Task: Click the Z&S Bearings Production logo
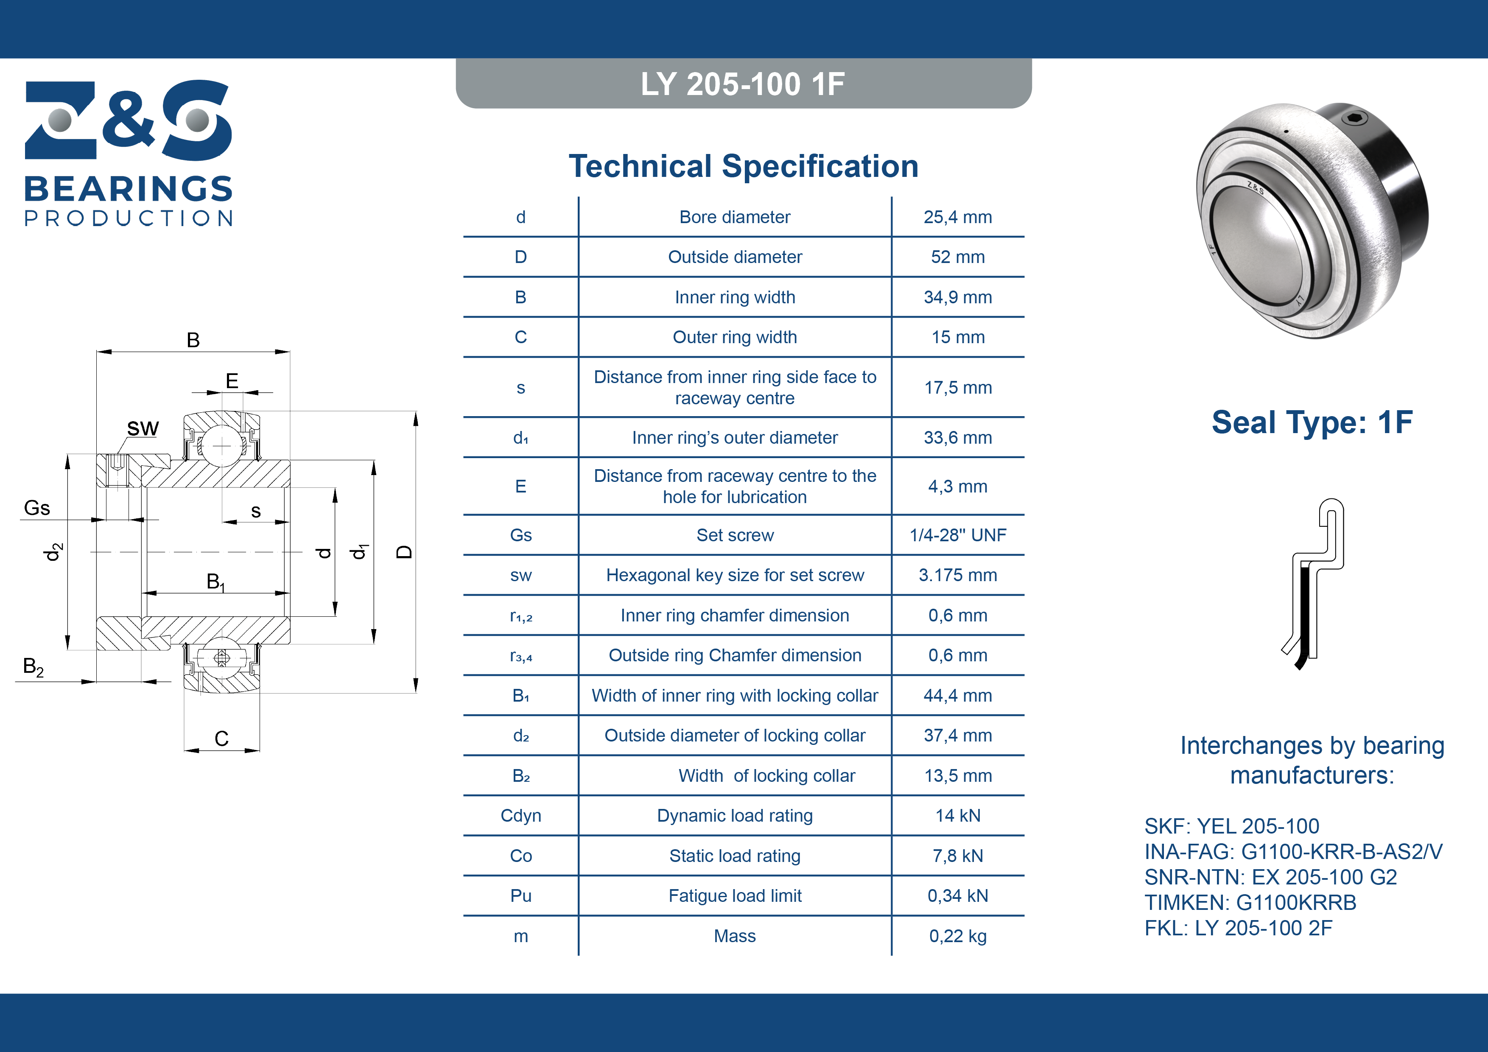129,153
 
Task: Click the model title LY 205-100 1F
743,84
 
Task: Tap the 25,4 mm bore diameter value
957,217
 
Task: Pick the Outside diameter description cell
735,257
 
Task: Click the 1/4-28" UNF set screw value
957,535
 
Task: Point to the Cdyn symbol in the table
520,816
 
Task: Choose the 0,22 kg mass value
957,936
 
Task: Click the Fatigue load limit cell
735,896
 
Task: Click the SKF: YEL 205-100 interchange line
1231,826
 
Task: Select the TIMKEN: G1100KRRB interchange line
1250,902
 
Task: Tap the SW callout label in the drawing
143,428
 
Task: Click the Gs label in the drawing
37,508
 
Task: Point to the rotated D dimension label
404,552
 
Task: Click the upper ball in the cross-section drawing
222,445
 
